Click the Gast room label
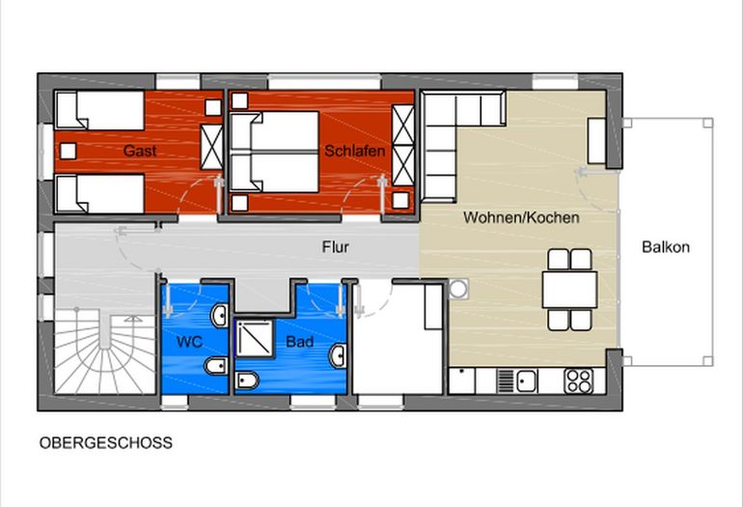point(140,152)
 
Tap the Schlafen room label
point(355,152)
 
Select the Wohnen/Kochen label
point(521,217)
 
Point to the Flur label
point(336,247)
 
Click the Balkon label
point(666,247)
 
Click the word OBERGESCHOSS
point(106,443)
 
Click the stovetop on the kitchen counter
point(578,380)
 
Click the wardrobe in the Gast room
point(210,148)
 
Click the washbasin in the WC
point(219,316)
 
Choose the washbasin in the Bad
point(338,355)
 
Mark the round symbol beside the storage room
point(457,288)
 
